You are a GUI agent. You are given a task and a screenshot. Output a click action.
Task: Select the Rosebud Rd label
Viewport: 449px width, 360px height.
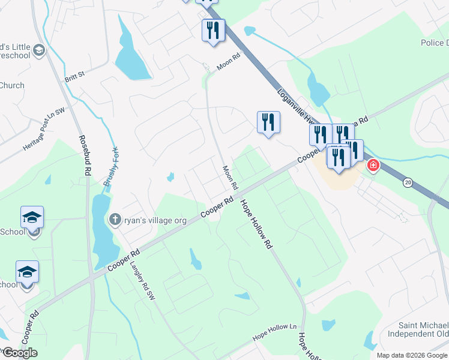(x=85, y=154)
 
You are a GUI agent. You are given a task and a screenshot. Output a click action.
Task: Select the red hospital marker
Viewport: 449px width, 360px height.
(x=373, y=164)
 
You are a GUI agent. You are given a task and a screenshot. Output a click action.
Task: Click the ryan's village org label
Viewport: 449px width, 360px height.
(x=155, y=220)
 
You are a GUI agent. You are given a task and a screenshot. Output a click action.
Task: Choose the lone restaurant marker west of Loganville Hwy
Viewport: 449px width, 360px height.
(x=268, y=122)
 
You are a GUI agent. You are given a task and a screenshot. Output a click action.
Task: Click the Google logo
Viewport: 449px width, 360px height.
(x=20, y=353)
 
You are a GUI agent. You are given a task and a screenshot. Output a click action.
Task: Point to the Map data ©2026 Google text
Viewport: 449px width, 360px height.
(x=412, y=355)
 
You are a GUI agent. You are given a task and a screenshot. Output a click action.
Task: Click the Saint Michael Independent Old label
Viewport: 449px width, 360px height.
(x=418, y=329)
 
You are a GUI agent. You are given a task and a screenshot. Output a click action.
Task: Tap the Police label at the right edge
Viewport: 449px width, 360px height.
(x=435, y=43)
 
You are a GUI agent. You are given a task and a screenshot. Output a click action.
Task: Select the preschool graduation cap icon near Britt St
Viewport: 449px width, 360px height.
(x=40, y=50)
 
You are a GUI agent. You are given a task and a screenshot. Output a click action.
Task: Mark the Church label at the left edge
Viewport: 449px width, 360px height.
(x=12, y=85)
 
